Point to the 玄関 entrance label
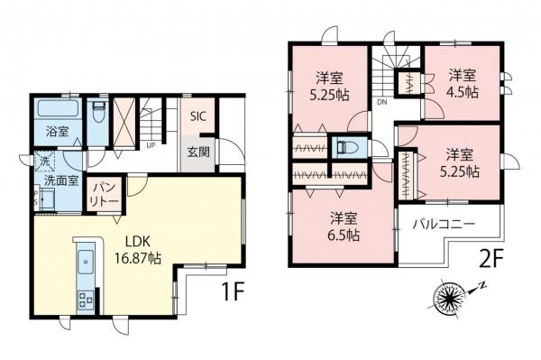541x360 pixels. (199, 152)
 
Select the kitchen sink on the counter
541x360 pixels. (86, 262)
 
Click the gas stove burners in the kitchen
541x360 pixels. (86, 299)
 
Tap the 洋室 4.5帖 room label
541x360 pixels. (462, 81)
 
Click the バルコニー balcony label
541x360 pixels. (444, 222)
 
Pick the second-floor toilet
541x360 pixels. (346, 146)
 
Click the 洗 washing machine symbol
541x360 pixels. (41, 162)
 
